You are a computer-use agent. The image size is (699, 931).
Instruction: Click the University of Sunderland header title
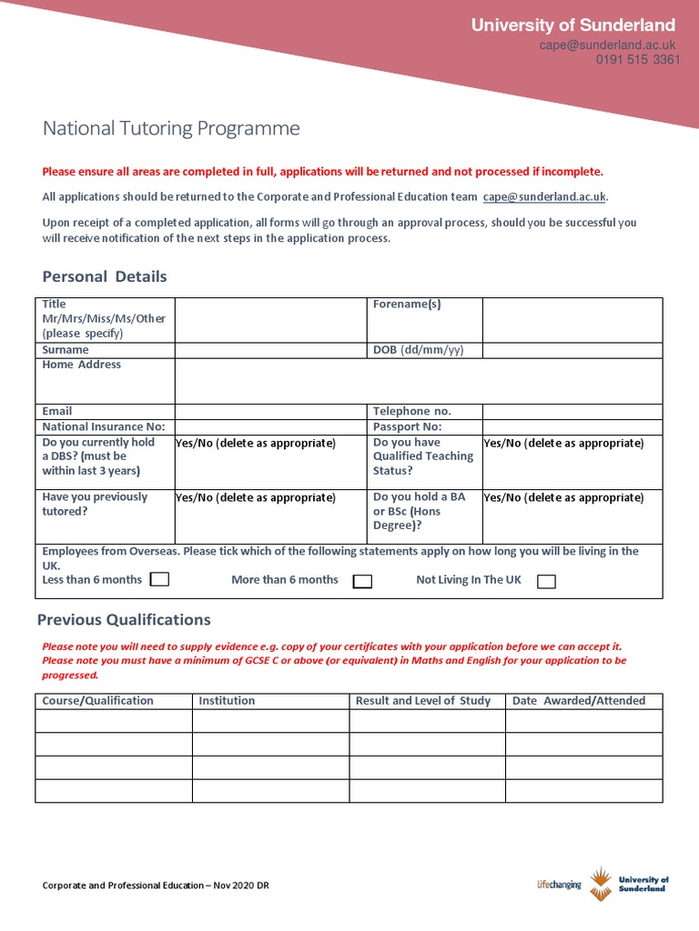pos(572,25)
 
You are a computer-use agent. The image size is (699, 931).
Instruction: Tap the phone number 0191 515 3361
pos(637,60)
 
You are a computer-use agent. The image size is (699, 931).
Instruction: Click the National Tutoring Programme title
pos(171,128)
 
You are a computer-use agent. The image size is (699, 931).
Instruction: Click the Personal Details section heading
pos(105,276)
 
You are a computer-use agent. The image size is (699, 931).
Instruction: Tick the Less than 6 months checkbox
pos(159,580)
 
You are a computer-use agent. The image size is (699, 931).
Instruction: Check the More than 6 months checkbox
pos(362,581)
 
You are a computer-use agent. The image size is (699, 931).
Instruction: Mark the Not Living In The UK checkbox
pos(546,581)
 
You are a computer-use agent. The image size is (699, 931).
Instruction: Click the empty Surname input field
pos(270,350)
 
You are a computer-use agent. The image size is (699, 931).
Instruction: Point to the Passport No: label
pos(407,426)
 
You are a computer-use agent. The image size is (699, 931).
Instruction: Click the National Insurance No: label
pos(104,426)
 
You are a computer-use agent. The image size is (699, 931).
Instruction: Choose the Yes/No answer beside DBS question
pos(256,444)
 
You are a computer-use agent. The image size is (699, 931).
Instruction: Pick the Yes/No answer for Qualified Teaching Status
pos(563,444)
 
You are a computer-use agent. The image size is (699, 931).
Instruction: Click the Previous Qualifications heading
pos(124,620)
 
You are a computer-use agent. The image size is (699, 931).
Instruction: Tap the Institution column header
pos(227,701)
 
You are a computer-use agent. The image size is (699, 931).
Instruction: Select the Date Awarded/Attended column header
pos(579,701)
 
